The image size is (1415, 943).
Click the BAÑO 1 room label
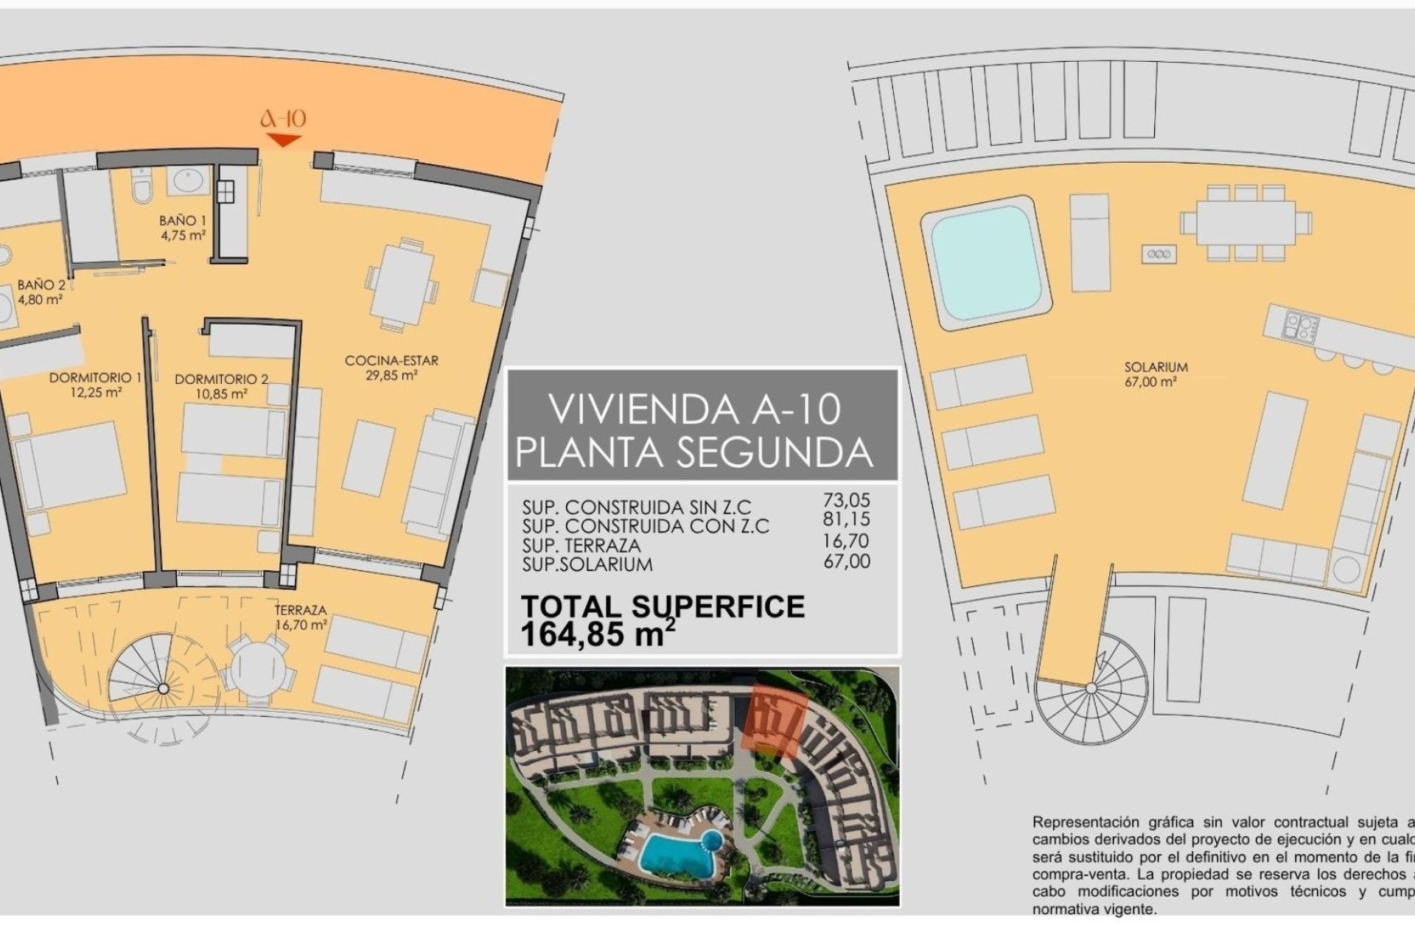pos(182,220)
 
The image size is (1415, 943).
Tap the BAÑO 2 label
pos(41,284)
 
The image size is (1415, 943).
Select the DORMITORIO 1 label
pos(95,378)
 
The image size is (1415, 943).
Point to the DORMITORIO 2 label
pos(221,379)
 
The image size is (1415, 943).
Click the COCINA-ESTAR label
pos(391,360)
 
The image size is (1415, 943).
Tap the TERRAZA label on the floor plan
pos(300,610)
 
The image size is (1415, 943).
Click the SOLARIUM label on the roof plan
pos(1156,367)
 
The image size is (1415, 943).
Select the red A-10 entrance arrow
pos(283,140)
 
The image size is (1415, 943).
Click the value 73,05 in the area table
pos(846,500)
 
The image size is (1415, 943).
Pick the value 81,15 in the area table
pos(846,519)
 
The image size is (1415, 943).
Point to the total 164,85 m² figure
pos(597,634)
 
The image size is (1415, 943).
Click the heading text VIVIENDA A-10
pos(694,410)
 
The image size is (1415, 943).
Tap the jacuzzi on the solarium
pos(985,262)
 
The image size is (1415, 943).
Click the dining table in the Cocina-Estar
pos(402,284)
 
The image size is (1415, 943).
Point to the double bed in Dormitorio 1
pos(70,466)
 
